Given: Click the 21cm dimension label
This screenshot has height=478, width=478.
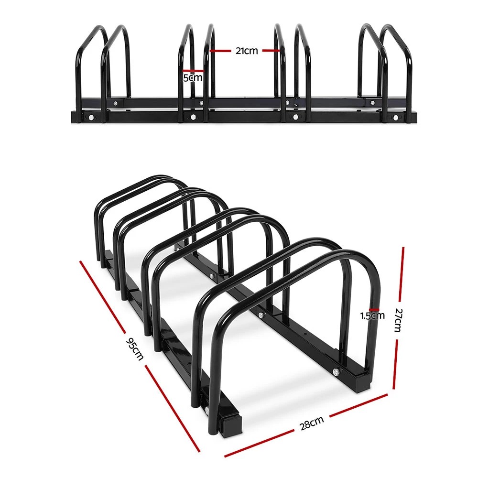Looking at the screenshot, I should [246, 51].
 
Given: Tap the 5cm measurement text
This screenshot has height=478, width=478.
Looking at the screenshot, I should [193, 77].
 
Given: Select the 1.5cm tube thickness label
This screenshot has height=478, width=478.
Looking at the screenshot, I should [372, 315].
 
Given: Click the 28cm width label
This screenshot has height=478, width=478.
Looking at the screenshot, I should [311, 423].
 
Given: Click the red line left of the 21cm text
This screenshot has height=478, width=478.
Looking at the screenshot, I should [220, 50].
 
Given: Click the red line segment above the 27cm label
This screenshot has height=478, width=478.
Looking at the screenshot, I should [402, 277].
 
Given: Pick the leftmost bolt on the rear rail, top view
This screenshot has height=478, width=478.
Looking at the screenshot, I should [115, 102].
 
